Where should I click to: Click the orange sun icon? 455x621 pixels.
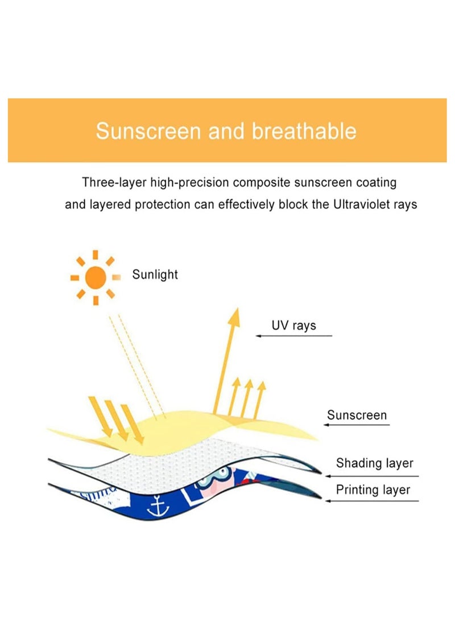[x=96, y=277]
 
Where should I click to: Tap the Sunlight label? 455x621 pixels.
[x=155, y=275]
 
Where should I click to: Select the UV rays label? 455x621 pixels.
[x=293, y=326]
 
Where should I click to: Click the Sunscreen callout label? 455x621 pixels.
[x=357, y=415]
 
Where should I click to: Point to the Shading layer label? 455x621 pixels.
[x=374, y=463]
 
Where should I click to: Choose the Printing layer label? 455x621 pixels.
[x=373, y=490]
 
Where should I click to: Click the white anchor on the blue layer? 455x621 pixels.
[x=155, y=507]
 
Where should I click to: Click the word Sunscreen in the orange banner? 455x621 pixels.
[x=148, y=131]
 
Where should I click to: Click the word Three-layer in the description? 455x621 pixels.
[x=113, y=183]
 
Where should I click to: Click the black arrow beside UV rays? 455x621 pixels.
[x=293, y=336]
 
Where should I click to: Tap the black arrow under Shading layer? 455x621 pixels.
[x=373, y=476]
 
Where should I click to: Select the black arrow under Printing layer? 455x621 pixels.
[x=373, y=501]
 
